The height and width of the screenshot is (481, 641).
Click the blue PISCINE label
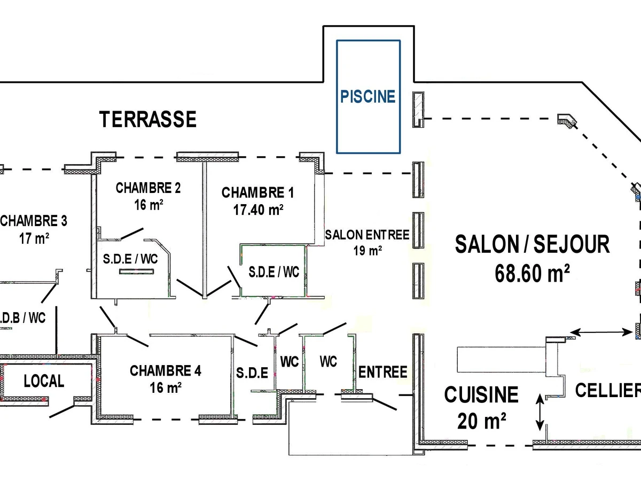click(x=368, y=96)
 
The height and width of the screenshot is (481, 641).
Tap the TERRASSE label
click(x=148, y=119)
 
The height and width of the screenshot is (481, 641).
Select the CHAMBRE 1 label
click(x=257, y=193)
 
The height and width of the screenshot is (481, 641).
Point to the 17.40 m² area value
click(x=258, y=210)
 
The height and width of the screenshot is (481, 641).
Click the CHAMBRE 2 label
click(x=148, y=188)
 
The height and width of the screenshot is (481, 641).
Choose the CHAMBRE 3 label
click(x=34, y=221)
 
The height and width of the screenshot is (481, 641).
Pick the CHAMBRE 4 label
click(x=166, y=371)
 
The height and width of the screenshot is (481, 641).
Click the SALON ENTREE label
click(x=368, y=235)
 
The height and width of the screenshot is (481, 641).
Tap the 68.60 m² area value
click(x=532, y=273)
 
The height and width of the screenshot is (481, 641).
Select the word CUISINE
click(x=481, y=394)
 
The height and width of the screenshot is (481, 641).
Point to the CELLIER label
click(x=608, y=390)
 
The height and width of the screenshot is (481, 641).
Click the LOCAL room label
click(x=44, y=381)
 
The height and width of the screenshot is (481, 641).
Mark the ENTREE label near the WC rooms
click(x=382, y=372)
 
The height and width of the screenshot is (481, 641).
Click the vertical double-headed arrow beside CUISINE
click(x=540, y=413)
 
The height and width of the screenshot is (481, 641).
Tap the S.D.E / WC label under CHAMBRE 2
click(x=130, y=259)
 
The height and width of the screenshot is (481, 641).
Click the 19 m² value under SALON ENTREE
click(x=368, y=251)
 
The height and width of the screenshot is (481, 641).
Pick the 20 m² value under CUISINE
click(x=482, y=421)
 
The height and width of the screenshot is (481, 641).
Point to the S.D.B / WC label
click(x=22, y=318)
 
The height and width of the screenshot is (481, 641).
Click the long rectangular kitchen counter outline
click(x=502, y=360)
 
